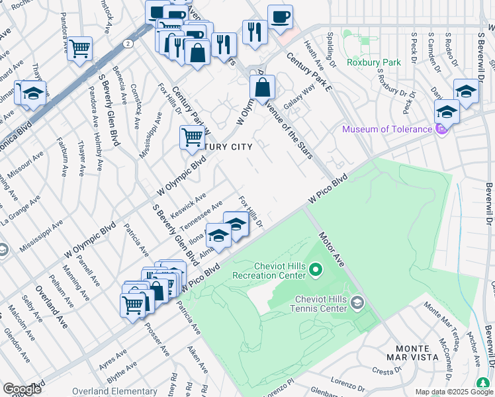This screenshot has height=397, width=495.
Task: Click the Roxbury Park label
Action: point(373,63)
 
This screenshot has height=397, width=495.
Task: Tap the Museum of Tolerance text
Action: point(386,129)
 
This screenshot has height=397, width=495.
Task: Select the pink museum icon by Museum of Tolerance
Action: point(441,129)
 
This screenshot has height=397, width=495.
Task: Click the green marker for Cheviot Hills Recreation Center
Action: point(315,269)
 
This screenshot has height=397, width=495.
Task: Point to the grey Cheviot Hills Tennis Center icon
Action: point(357,303)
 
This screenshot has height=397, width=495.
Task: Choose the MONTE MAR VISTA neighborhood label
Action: point(417,353)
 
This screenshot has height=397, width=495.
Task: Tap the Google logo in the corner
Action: point(22,389)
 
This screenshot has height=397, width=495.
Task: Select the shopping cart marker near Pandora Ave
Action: point(79,48)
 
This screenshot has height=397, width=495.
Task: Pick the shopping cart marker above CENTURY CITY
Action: point(192,138)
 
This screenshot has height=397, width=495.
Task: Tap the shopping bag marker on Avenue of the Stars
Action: point(263,87)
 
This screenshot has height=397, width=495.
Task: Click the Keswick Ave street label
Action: point(189,200)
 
